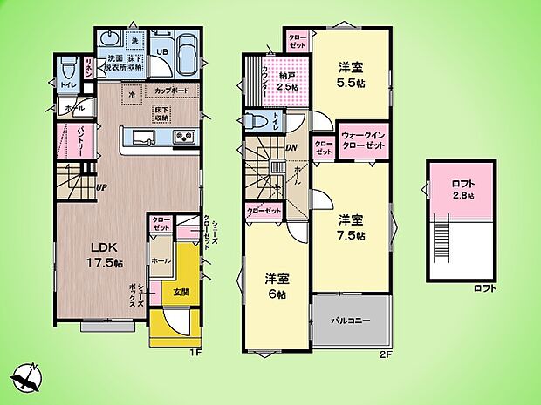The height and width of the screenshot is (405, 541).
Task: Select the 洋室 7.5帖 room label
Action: tap(350, 226)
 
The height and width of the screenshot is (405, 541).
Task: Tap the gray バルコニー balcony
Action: tap(351, 321)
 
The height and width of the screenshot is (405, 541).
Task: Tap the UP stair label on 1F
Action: tap(102, 187)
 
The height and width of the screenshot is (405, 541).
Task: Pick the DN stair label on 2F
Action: tap(291, 146)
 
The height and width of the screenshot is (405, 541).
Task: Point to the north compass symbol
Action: tap(27, 377)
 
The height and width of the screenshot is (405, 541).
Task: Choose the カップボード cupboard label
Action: tap(173, 91)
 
